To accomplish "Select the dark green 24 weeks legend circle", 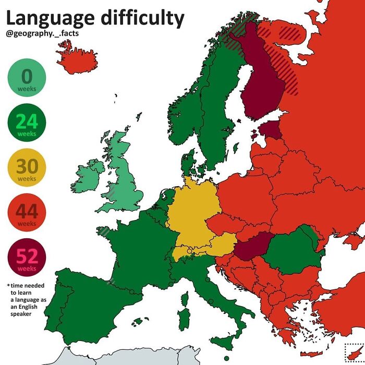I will (x=27, y=124).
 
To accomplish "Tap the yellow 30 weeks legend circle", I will (x=27, y=169).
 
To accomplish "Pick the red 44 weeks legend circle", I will (x=27, y=214).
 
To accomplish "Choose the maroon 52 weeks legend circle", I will (x=27, y=259).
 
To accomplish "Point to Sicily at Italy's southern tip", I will (x=227, y=342).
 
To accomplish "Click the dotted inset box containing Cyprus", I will (x=354, y=354).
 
